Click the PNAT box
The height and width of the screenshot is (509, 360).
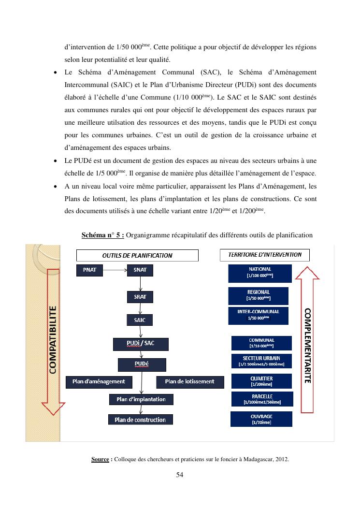click(x=90, y=270)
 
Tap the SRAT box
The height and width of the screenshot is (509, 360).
click(x=140, y=296)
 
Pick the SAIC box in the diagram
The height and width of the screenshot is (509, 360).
click(x=140, y=320)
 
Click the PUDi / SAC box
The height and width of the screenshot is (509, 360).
click(x=141, y=344)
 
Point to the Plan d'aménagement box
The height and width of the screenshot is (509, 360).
click(x=99, y=382)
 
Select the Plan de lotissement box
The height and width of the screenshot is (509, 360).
click(x=190, y=382)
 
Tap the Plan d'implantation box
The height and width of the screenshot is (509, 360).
click(x=141, y=400)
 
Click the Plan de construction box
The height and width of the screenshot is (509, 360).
click(x=140, y=420)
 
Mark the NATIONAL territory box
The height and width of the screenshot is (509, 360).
click(x=260, y=273)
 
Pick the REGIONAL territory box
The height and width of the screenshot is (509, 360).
click(x=258, y=296)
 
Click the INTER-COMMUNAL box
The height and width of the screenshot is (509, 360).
click(x=258, y=315)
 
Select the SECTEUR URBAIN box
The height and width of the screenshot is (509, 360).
click(x=261, y=361)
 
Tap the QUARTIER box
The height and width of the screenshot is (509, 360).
click(x=261, y=381)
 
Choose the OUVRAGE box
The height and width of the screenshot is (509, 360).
click(x=261, y=419)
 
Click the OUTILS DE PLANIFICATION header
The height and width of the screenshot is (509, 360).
click(x=137, y=255)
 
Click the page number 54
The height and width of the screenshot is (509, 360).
click(x=180, y=475)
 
